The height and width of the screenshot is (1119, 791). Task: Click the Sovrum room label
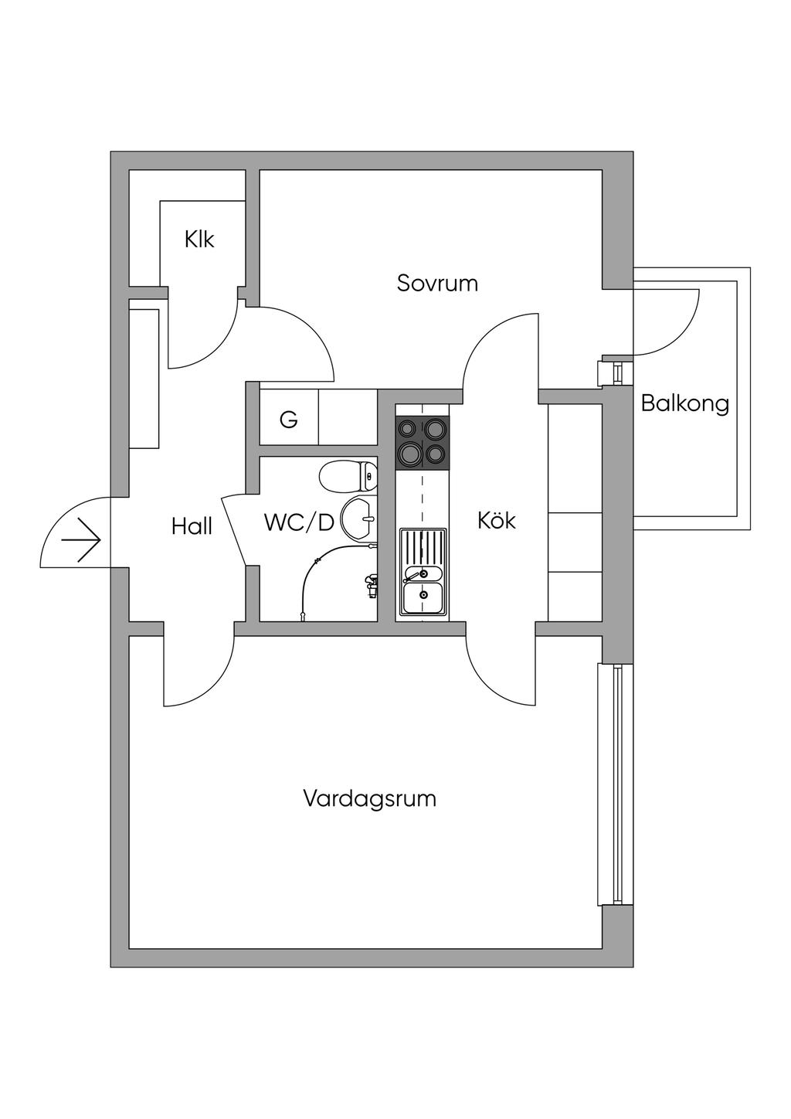point(437,283)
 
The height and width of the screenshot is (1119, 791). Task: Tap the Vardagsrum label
point(369,798)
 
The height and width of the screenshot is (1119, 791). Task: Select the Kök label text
point(496,520)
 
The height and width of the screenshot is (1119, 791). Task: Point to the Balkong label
point(684,403)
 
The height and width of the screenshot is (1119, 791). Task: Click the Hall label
point(192,527)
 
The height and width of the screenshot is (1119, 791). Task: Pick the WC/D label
point(299,523)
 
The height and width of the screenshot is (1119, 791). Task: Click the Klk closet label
point(199,240)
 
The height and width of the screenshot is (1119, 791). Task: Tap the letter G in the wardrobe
point(288,420)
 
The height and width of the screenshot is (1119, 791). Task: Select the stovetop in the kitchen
point(422,442)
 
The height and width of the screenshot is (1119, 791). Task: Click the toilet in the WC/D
point(347,476)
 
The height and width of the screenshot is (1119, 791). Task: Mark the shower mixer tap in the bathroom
point(371,583)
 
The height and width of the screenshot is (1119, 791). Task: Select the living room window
point(616,784)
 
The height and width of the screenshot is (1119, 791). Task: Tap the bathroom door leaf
point(233,531)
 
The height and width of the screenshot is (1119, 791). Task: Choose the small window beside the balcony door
point(616,372)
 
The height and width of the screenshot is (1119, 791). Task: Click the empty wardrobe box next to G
point(348,417)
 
